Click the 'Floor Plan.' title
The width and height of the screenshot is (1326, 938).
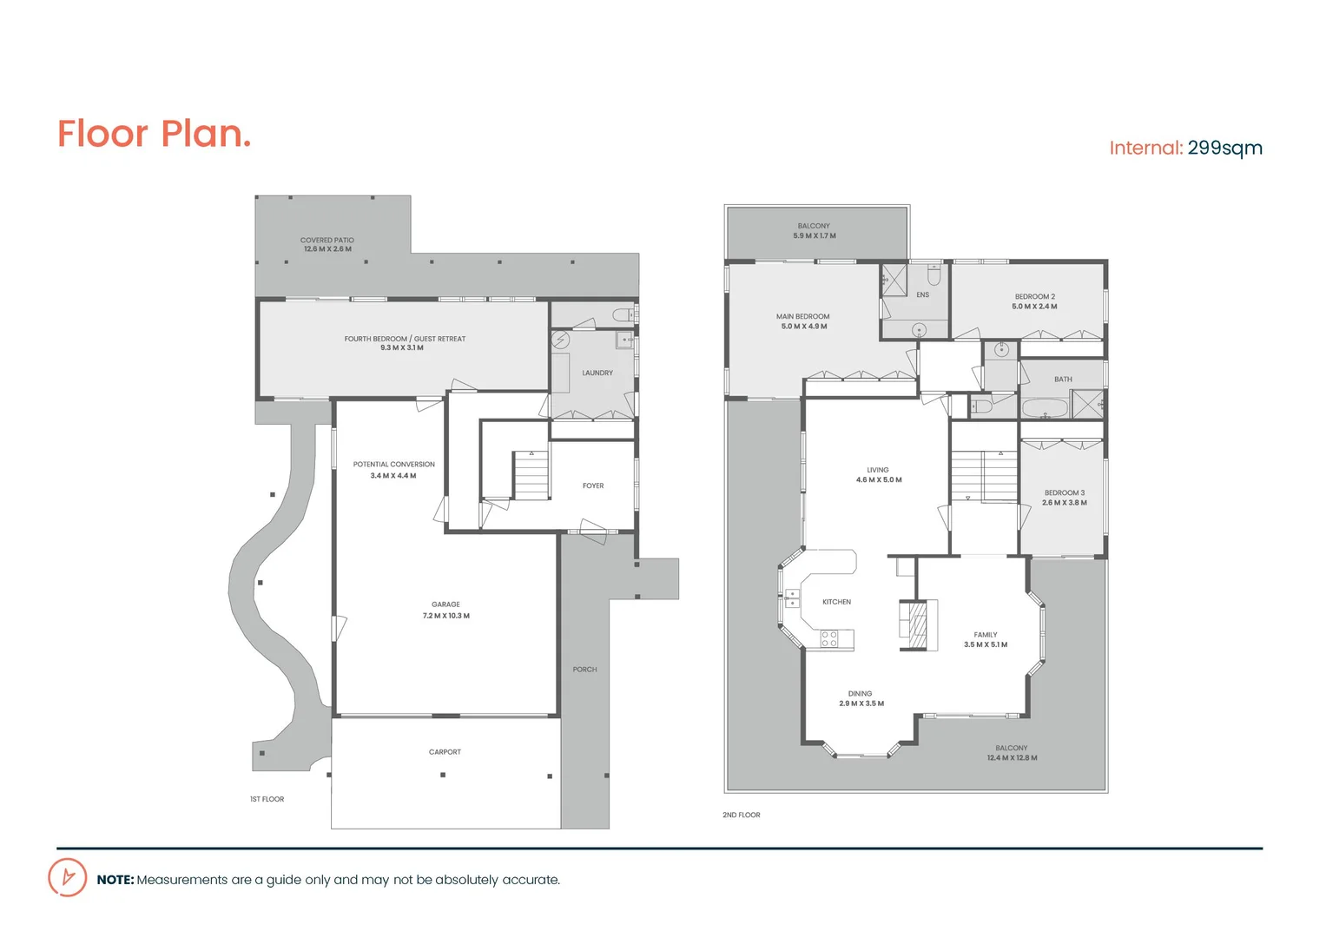pos(154,135)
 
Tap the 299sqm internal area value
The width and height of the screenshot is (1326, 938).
pos(1224,148)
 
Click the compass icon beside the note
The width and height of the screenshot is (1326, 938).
pos(68,877)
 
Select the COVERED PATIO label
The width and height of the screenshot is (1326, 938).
pos(327,241)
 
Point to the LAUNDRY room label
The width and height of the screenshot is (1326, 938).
pos(597,373)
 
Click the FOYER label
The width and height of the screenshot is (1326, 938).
pos(593,486)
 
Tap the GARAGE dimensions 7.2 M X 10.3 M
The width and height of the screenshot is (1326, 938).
pos(446,616)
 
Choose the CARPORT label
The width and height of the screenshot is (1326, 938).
pos(445,752)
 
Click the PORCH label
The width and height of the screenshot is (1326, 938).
pos(584,670)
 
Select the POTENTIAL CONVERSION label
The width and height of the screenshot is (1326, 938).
pos(393,465)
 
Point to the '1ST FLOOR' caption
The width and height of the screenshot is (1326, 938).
pos(267,799)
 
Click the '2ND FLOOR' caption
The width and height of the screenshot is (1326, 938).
pos(742,815)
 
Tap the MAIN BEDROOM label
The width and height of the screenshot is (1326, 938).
pos(803,317)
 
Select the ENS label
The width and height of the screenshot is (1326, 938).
pos(922,295)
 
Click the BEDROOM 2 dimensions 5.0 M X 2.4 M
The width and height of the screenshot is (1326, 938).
pos(1034,307)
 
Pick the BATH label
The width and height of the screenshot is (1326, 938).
pos(1063,380)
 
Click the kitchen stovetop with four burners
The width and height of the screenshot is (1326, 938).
pos(829,639)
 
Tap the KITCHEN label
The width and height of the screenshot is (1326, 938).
pos(837,602)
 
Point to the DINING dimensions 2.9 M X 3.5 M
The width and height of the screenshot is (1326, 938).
pos(861,703)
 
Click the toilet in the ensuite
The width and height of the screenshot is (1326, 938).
pos(933,275)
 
